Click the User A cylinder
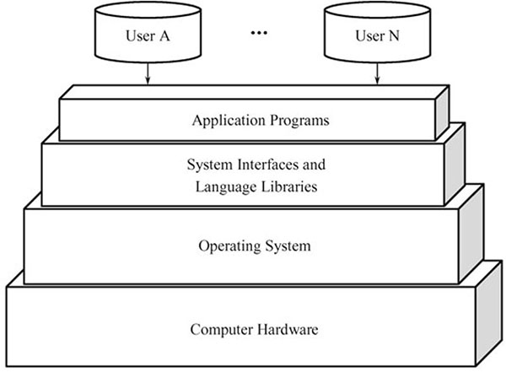[148, 35]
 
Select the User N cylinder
[373, 35]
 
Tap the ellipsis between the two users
[260, 35]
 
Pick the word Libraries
[290, 186]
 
